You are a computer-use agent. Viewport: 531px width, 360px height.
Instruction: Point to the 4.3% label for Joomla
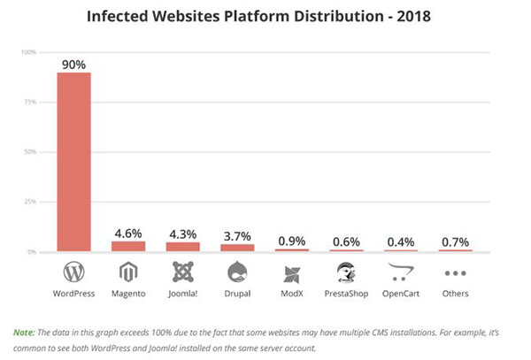182,235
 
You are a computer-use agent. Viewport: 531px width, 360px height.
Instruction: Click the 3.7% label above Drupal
237,236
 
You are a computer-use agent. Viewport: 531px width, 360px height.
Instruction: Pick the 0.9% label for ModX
292,241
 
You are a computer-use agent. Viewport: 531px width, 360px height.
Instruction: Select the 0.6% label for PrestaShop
347,242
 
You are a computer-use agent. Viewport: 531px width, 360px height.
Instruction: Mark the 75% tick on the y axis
29,102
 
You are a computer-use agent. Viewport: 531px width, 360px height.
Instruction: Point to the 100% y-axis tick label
28,52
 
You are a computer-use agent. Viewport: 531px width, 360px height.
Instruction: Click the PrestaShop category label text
347,294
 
